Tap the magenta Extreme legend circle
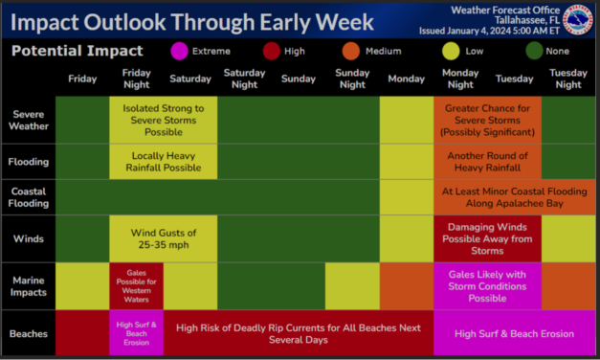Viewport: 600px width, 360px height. tap(179, 50)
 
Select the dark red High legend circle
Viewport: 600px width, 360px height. tap(273, 50)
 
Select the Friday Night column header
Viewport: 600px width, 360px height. tap(136, 79)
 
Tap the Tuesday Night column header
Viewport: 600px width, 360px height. tap(567, 79)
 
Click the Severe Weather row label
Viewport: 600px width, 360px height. tap(28, 121)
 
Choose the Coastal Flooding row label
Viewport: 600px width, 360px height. tap(28, 197)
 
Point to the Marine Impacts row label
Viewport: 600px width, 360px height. tap(28, 285)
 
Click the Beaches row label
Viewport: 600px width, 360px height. tap(28, 333)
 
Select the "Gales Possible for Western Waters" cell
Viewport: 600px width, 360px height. tap(136, 285)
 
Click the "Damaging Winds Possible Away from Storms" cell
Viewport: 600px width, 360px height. tap(487, 238)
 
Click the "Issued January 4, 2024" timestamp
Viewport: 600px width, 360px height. tap(499, 31)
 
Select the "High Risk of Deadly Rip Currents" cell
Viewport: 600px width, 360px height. tap(298, 333)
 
